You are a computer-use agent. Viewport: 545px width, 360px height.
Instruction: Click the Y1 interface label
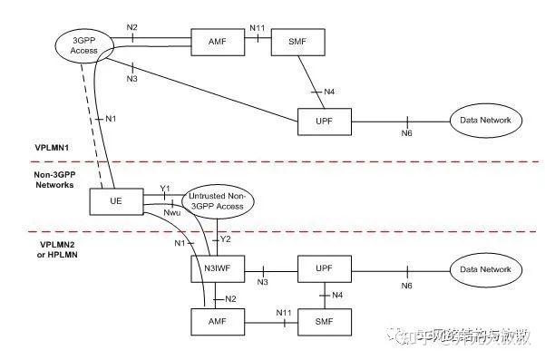point(165,190)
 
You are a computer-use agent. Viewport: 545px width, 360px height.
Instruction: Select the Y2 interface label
point(227,239)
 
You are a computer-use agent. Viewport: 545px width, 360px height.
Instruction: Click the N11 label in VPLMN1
point(257,30)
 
